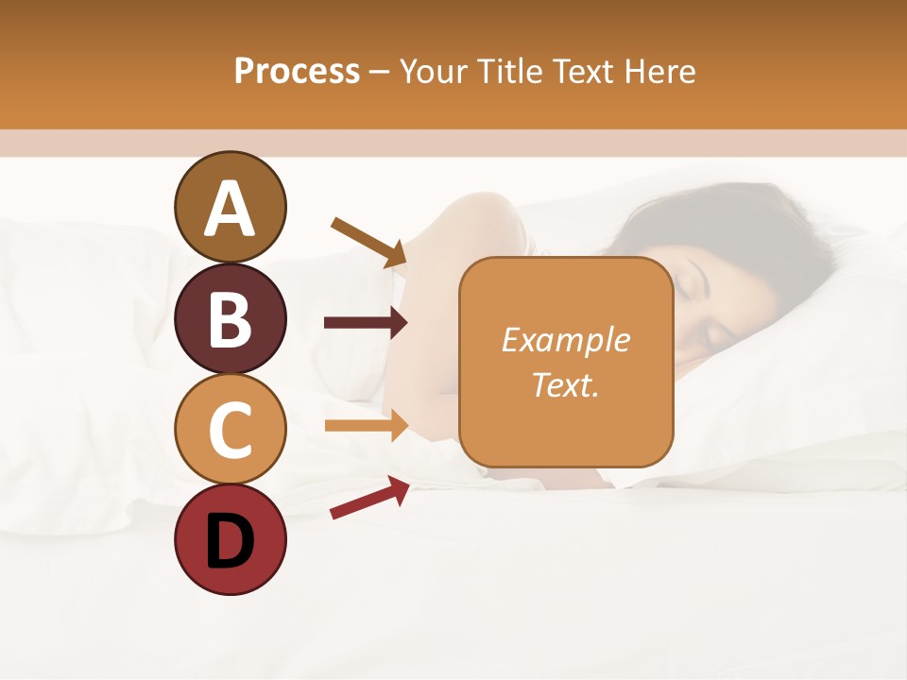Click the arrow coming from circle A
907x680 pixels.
(x=369, y=242)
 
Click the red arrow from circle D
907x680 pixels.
(x=369, y=497)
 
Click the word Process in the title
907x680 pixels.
(x=297, y=71)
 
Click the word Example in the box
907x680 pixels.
(x=566, y=340)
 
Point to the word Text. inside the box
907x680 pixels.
(x=566, y=384)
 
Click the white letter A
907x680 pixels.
(x=231, y=209)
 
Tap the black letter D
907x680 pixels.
(x=231, y=541)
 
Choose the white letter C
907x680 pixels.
(x=231, y=430)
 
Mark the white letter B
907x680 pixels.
(x=231, y=319)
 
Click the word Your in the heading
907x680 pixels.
(x=434, y=71)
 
